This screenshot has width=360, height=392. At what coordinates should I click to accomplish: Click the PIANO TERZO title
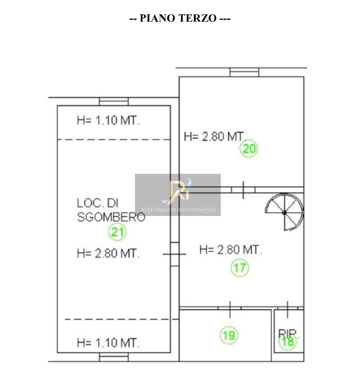pos(180,18)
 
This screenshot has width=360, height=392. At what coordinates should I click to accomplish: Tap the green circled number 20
pos(249,149)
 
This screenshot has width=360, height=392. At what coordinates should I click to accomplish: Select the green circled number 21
pos(117,232)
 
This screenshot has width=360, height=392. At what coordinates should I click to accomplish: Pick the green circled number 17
pos(239,268)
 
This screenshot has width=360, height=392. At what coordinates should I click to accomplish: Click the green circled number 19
pos(229,335)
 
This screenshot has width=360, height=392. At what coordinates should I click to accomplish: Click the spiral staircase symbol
pos(284,212)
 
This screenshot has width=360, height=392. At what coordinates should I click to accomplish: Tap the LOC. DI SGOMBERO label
pos(111,210)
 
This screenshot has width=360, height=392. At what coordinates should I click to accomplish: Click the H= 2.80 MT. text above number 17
pos(231,250)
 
